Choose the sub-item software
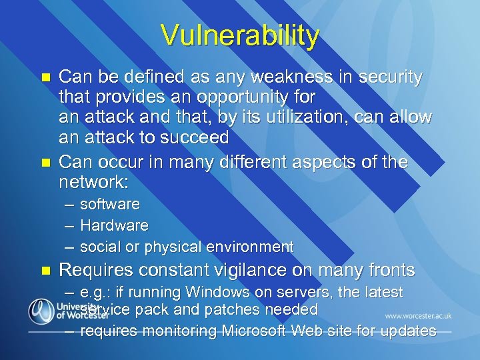(110, 204)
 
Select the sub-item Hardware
(114, 225)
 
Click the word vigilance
(254, 270)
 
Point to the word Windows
(217, 292)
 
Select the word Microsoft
(262, 331)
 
